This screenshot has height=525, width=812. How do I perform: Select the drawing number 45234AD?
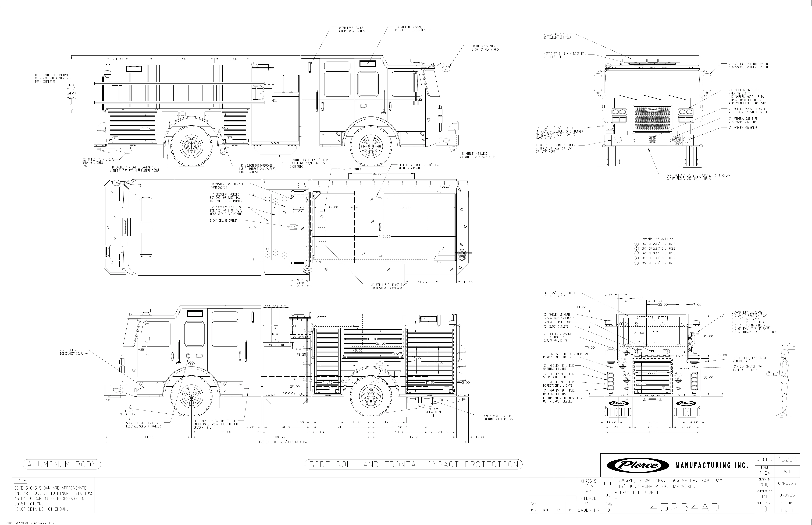(x=685, y=507)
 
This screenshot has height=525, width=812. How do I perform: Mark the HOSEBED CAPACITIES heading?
(x=657, y=239)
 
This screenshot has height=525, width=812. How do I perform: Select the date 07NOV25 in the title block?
(x=787, y=483)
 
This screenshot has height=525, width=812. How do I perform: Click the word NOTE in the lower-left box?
(x=20, y=481)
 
